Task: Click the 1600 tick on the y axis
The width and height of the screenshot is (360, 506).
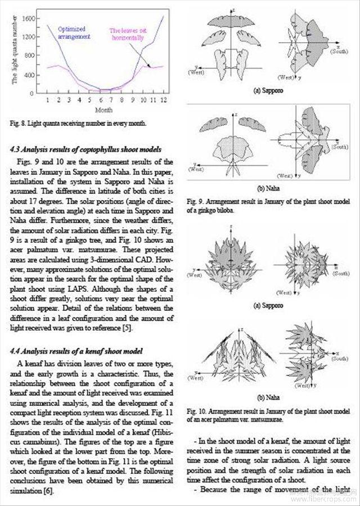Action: pyautogui.click(x=29, y=18)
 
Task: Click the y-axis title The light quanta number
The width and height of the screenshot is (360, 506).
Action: pyautogui.click(x=14, y=49)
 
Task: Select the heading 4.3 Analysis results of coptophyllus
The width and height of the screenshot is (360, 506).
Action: pyautogui.click(x=86, y=150)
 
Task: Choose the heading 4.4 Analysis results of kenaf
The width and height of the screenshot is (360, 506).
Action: pyautogui.click(x=75, y=351)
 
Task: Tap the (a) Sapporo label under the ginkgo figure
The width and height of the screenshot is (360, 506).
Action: pyautogui.click(x=269, y=89)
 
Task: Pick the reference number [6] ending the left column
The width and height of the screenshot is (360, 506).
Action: pyautogui.click(x=47, y=491)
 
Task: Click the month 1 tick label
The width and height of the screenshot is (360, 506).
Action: pyautogui.click(x=48, y=100)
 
